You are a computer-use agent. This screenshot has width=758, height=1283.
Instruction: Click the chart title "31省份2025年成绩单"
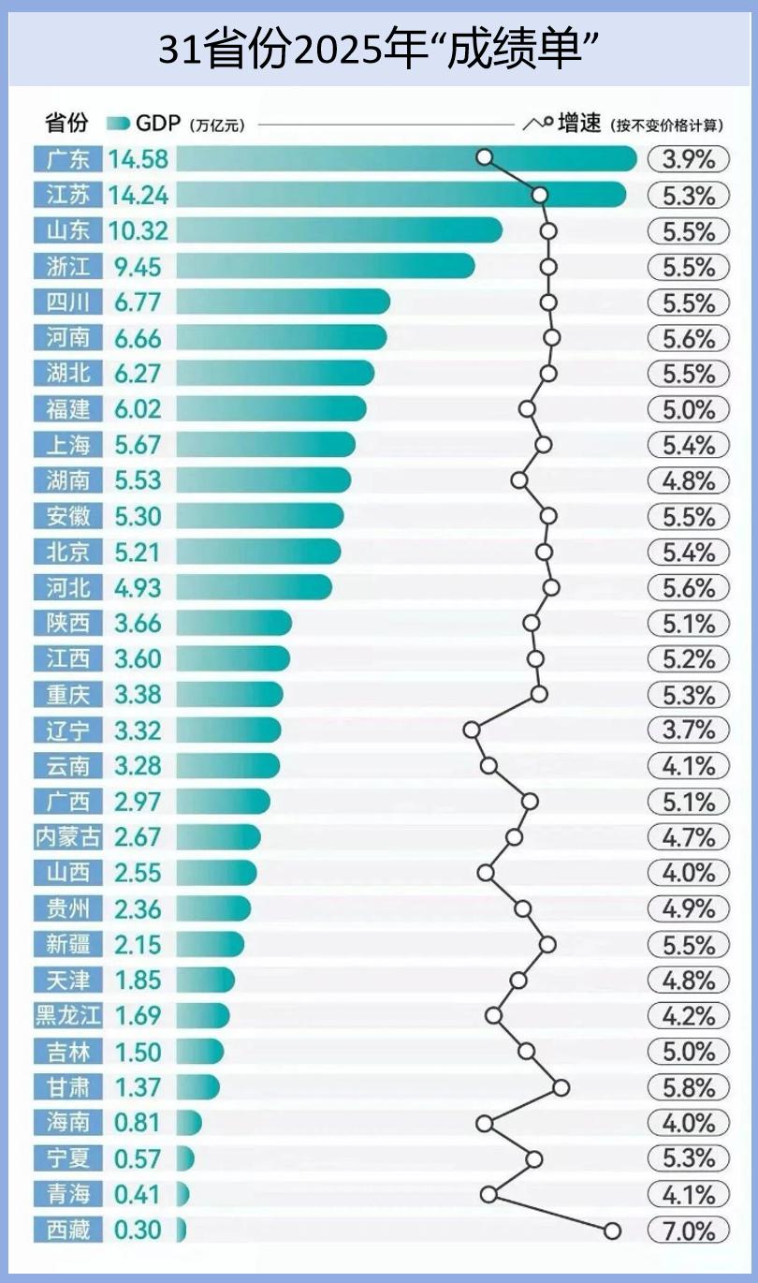tap(378, 48)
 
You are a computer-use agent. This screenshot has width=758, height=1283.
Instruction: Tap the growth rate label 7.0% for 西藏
tap(688, 1230)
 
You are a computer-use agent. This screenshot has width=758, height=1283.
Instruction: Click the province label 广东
tap(68, 159)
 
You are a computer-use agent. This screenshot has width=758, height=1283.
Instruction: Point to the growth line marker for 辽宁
tap(472, 730)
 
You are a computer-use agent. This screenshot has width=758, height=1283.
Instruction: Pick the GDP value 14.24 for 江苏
tap(138, 195)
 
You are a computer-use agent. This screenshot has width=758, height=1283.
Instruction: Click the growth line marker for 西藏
tap(612, 1231)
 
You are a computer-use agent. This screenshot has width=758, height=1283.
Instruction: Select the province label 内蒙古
tap(68, 836)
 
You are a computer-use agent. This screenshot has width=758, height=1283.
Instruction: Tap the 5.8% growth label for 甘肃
tap(688, 1087)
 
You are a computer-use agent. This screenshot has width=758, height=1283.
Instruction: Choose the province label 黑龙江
tap(68, 1015)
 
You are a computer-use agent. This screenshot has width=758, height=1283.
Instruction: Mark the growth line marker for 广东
tap(484, 157)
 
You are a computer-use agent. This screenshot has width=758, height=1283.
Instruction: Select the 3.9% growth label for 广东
tap(688, 159)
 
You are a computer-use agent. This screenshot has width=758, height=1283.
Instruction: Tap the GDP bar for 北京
tap(258, 552)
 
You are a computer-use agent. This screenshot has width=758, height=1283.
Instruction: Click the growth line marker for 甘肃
tap(561, 1086)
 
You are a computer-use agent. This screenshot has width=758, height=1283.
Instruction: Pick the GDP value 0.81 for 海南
tap(138, 1122)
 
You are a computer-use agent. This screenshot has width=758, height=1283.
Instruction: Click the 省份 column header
tap(66, 124)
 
